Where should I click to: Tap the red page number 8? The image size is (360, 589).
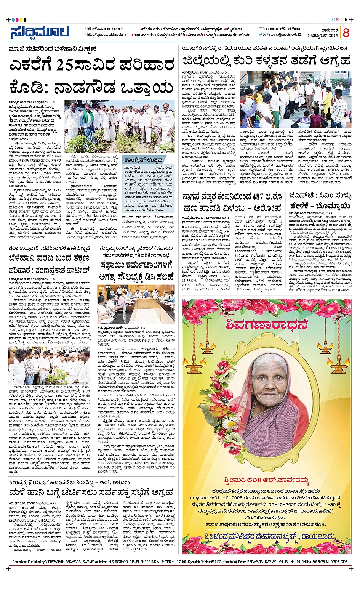[x=346, y=33]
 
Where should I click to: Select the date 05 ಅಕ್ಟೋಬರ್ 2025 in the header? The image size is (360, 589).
[x=322, y=35]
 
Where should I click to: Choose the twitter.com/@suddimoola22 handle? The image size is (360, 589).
[x=282, y=35]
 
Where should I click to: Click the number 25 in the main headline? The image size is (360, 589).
[x=68, y=65]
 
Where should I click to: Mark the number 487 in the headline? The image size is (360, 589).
[x=263, y=197]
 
